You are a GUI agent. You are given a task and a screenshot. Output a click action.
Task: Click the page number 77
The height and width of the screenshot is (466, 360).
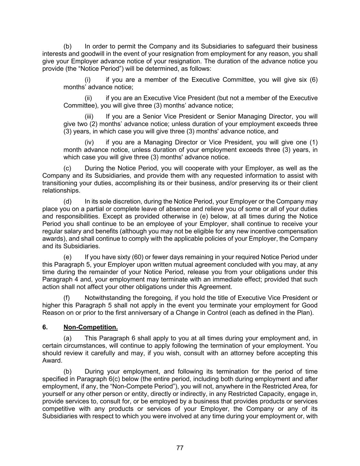point(180,448)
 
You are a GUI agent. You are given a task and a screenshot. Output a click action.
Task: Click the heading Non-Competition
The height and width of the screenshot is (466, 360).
point(90,327)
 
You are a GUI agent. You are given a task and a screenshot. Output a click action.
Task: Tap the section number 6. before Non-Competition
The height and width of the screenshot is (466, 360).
point(45,327)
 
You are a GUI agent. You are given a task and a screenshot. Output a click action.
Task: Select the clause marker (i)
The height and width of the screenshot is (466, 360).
point(88,80)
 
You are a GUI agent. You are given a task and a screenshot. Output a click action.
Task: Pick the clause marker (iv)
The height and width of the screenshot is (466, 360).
point(89,142)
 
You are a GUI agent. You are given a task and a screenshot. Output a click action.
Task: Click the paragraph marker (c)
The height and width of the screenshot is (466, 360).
point(67,168)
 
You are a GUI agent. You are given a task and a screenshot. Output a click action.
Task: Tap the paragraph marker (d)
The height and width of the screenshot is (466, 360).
point(67,201)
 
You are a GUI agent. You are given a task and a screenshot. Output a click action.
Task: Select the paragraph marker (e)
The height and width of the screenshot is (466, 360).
point(67,257)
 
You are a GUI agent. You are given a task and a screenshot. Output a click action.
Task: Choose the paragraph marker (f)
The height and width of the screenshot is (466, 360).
point(67,298)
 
